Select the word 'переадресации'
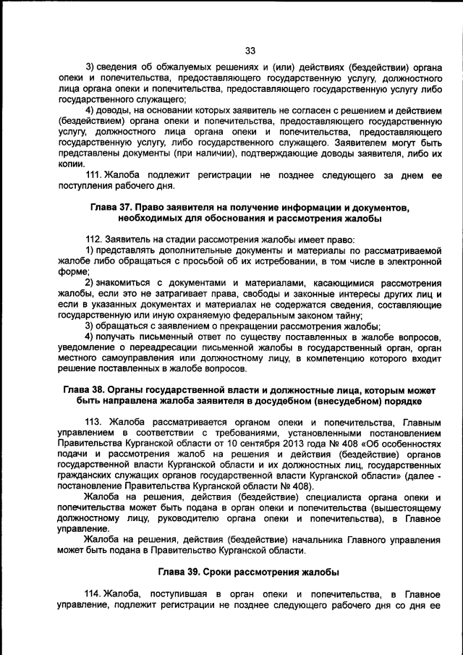click(174, 347)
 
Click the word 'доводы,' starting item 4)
click(116, 110)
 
